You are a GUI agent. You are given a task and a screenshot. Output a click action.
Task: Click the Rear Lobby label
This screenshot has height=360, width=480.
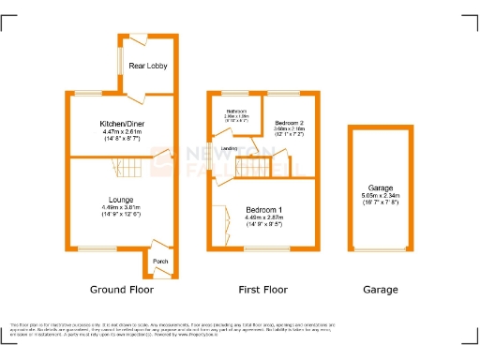148,67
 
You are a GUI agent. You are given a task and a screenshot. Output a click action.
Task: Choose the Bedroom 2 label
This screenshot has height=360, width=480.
290,124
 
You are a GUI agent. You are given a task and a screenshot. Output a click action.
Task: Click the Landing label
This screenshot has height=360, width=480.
228,148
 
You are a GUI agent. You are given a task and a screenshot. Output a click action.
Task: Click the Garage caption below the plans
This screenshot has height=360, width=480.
381,290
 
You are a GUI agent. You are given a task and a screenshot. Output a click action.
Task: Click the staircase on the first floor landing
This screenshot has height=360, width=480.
251,170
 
